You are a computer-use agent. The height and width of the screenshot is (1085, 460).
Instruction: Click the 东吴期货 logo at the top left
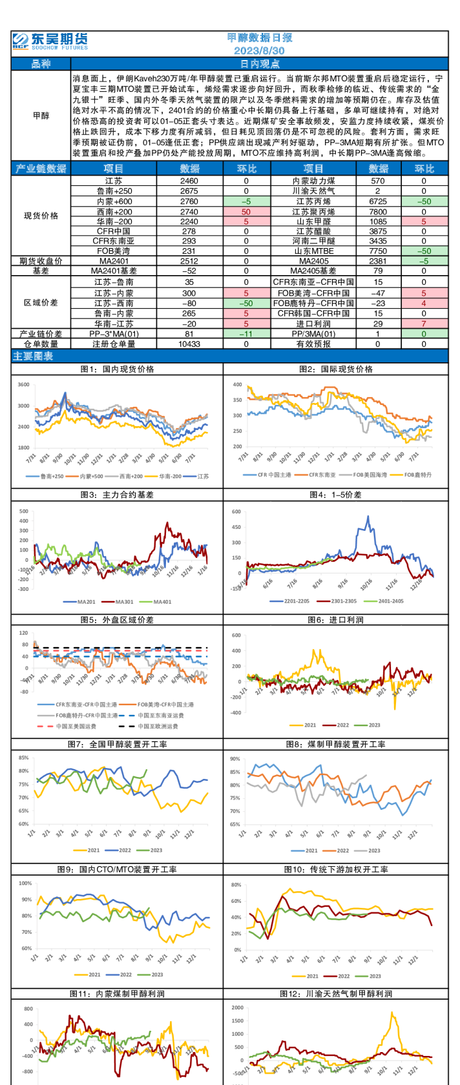(x=50, y=41)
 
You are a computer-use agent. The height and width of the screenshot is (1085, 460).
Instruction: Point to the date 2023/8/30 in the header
(x=259, y=50)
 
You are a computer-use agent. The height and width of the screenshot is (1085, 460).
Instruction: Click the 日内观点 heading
(x=260, y=64)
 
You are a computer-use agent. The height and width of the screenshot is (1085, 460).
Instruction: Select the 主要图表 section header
(x=33, y=356)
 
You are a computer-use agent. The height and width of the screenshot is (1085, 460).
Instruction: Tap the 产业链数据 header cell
(x=41, y=169)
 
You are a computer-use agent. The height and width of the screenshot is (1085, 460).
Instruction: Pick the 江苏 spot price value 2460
(x=189, y=181)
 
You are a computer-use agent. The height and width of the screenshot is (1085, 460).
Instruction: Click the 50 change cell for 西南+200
(x=246, y=211)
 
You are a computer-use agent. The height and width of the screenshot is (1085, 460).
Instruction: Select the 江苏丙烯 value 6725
(x=378, y=201)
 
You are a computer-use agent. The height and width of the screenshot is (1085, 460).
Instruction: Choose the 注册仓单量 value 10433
(x=189, y=344)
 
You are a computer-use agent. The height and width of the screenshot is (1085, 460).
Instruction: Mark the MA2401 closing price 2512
(x=189, y=261)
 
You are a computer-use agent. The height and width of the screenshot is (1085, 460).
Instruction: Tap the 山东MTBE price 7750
(x=378, y=251)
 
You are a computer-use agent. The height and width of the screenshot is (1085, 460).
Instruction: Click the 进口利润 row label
(x=313, y=324)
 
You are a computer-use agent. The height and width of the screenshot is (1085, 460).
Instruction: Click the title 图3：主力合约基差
(x=117, y=495)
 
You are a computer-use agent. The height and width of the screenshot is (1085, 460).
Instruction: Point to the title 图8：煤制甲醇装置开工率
(x=336, y=744)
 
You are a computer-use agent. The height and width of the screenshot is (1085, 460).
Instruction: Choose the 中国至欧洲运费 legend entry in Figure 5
(x=153, y=726)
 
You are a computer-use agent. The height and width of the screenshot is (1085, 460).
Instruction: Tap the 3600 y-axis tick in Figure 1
(x=23, y=385)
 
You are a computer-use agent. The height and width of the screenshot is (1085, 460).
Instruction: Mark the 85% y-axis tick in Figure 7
(x=24, y=758)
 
